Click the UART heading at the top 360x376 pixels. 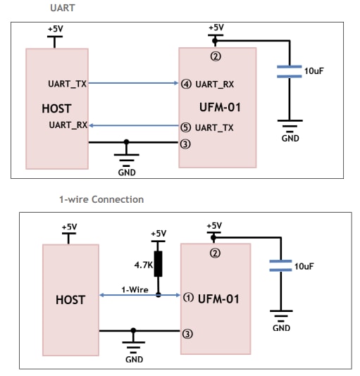(x=61, y=8)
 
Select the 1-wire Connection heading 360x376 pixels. (x=101, y=199)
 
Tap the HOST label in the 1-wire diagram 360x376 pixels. (x=70, y=299)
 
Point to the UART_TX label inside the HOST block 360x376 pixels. (x=68, y=84)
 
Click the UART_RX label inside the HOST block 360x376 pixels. (x=68, y=125)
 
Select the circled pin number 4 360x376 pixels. (x=186, y=84)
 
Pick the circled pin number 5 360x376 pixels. (x=186, y=127)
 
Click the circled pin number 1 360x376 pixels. (x=188, y=297)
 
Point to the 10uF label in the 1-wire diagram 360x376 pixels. (x=304, y=266)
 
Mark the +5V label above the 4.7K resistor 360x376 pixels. (x=159, y=234)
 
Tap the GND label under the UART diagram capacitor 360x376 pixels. (x=290, y=139)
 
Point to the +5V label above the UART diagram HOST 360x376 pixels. (x=55, y=29)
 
